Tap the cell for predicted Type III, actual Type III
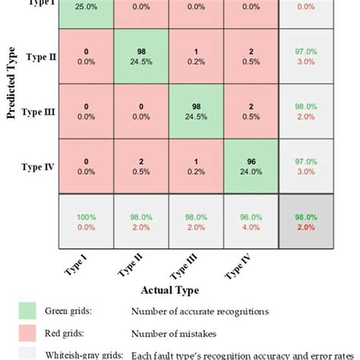[x=195, y=112]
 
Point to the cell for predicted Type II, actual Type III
[x=195, y=58]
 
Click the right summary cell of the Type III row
[x=305, y=112]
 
